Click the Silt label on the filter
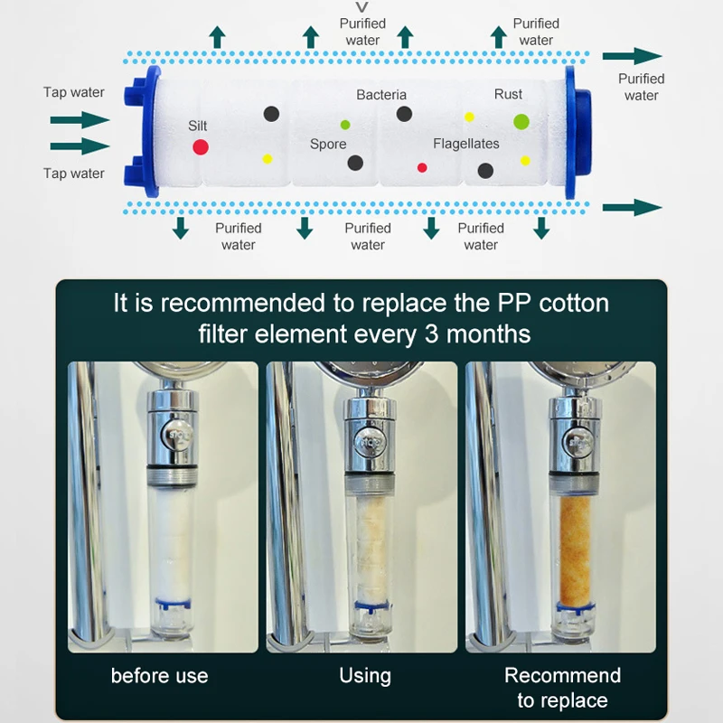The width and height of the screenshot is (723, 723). tap(198, 126)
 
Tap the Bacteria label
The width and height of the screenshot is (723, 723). tap(381, 95)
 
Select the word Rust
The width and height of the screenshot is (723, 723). tap(509, 95)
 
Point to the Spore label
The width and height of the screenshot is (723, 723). tap(328, 145)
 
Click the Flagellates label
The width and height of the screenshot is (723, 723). tap(466, 144)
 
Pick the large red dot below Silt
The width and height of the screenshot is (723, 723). tap(201, 146)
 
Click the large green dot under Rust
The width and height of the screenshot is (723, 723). tap(521, 121)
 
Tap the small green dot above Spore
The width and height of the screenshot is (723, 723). tap(345, 124)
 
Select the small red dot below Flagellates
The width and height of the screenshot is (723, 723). tap(422, 166)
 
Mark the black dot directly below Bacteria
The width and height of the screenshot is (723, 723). tap(404, 114)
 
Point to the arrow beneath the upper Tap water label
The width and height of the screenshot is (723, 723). tap(80, 119)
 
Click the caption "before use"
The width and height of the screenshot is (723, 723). tap(160, 676)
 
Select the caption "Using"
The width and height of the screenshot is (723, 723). tap(365, 676)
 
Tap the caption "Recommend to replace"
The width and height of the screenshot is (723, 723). tap(562, 688)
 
